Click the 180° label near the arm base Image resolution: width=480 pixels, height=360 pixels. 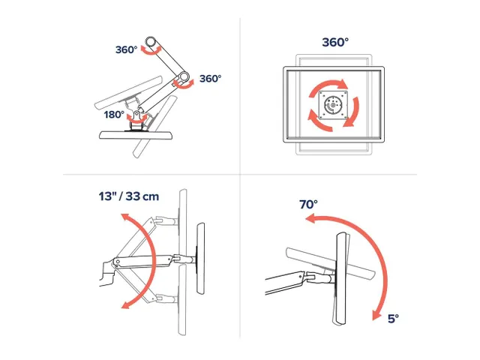pyautogui.click(x=114, y=115)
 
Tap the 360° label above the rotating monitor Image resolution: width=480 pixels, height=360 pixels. pyautogui.click(x=335, y=42)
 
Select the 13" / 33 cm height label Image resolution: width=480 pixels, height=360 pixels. pyautogui.click(x=129, y=196)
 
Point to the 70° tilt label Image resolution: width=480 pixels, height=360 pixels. pyautogui.click(x=308, y=204)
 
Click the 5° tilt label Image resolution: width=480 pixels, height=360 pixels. pyautogui.click(x=393, y=319)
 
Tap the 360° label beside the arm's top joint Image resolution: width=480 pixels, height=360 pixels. pyautogui.click(x=127, y=49)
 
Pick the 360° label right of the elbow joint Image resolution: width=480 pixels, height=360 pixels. pyautogui.click(x=210, y=78)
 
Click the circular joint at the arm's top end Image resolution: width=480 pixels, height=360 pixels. pyautogui.click(x=150, y=41)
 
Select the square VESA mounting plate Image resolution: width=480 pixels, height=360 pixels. pyautogui.click(x=333, y=105)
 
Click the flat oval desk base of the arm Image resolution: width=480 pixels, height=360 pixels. pyautogui.click(x=136, y=135)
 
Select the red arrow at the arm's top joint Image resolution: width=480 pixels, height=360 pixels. pyautogui.click(x=151, y=51)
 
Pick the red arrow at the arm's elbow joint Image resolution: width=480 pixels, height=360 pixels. pyautogui.click(x=183, y=84)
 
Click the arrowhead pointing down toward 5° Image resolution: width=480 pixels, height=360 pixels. pyautogui.click(x=376, y=315)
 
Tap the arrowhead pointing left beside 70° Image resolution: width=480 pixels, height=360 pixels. pyautogui.click(x=310, y=219)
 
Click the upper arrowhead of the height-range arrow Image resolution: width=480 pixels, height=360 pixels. pyautogui.click(x=125, y=217)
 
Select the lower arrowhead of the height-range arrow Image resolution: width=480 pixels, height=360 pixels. pyautogui.click(x=126, y=305)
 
